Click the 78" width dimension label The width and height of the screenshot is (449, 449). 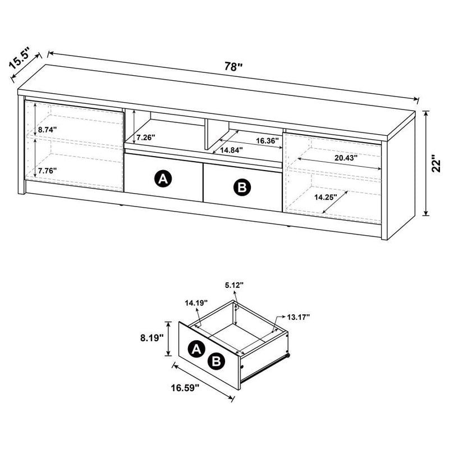tap(231, 66)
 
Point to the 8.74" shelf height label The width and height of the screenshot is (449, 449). tap(48, 130)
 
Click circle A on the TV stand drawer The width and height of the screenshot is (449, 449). tap(163, 179)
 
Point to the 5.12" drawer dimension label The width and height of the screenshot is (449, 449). tap(235, 285)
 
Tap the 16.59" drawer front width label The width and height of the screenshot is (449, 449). tap(185, 388)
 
